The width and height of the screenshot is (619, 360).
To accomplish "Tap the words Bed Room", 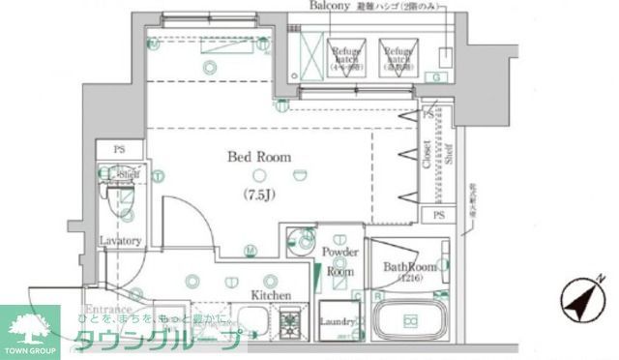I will click(258, 157).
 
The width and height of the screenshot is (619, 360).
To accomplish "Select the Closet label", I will click(427, 156).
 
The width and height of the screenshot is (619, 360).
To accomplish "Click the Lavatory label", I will click(121, 241).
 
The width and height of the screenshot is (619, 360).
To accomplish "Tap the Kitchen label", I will click(272, 294).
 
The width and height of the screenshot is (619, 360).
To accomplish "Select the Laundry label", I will click(338, 322).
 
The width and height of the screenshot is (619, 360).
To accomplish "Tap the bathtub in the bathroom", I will click(410, 321).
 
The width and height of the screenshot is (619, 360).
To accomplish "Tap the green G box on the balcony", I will click(437, 76).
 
